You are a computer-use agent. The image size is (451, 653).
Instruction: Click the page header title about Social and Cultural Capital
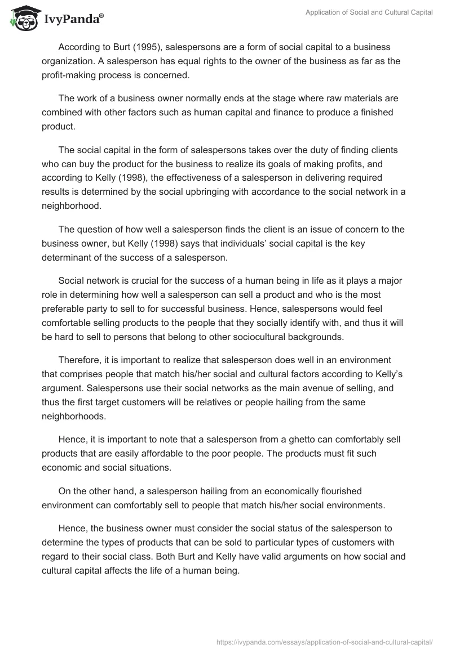(x=369, y=13)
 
